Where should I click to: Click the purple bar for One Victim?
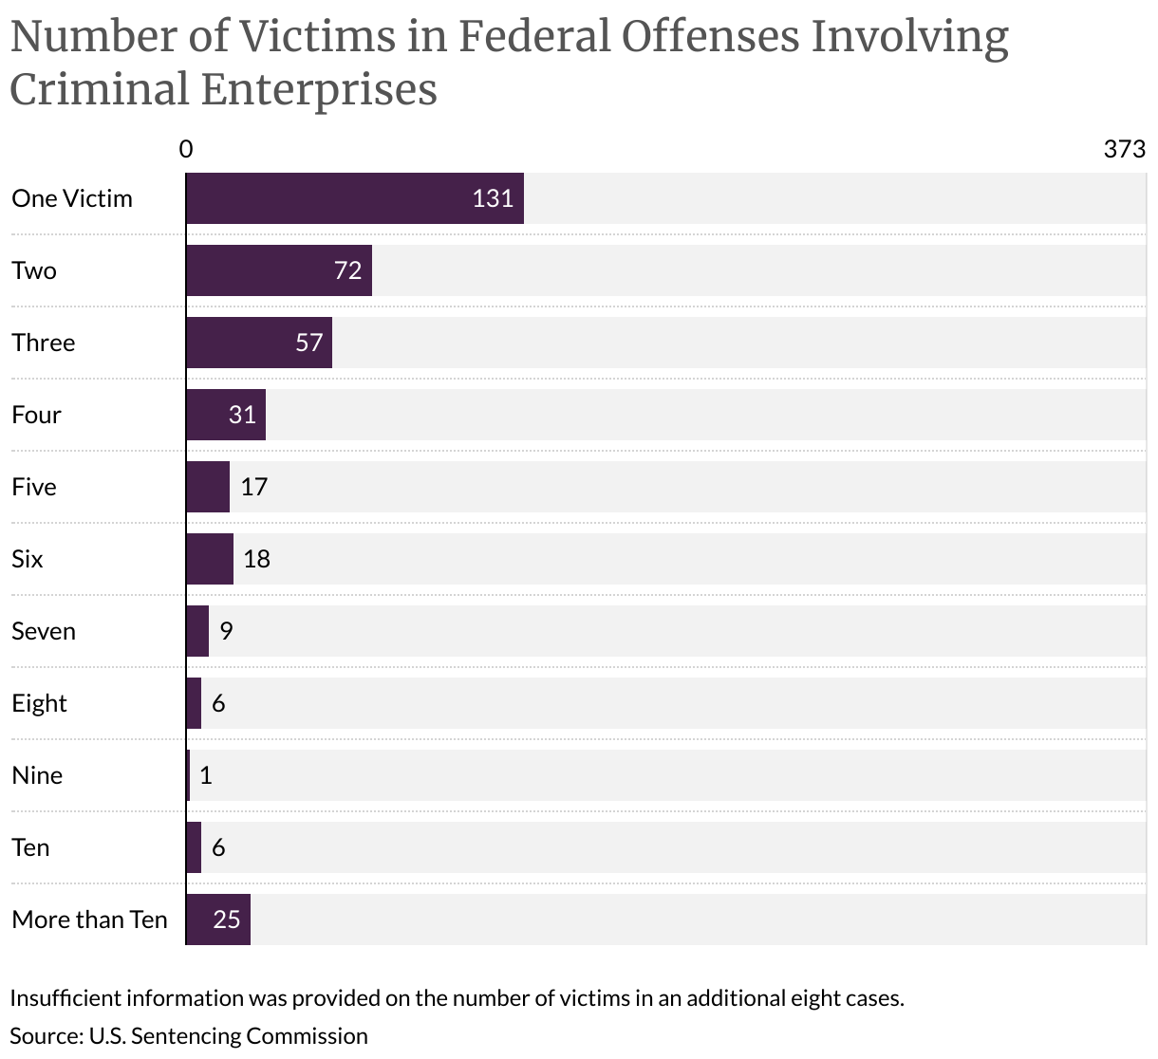click(354, 198)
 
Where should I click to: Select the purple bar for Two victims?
click(278, 270)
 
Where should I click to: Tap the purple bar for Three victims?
click(258, 343)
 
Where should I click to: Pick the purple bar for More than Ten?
click(217, 920)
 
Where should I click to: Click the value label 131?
click(493, 198)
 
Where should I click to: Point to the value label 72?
click(348, 270)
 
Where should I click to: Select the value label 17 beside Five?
click(254, 487)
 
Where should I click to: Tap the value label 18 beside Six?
click(256, 559)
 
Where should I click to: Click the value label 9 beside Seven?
click(226, 631)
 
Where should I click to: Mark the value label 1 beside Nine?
click(206, 775)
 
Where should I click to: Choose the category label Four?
click(36, 415)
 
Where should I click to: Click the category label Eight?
click(39, 703)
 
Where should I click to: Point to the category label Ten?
click(30, 847)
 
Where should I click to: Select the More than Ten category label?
click(89, 920)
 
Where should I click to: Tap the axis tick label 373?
click(1125, 149)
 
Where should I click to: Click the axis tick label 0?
click(186, 149)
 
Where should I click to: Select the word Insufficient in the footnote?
click(65, 998)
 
